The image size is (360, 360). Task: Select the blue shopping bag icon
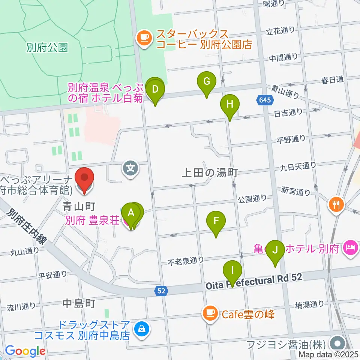[x=142, y=329]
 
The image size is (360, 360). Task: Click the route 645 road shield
[x=263, y=99]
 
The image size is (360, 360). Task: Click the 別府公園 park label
[x=47, y=48]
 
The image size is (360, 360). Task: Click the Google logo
[x=25, y=351]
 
